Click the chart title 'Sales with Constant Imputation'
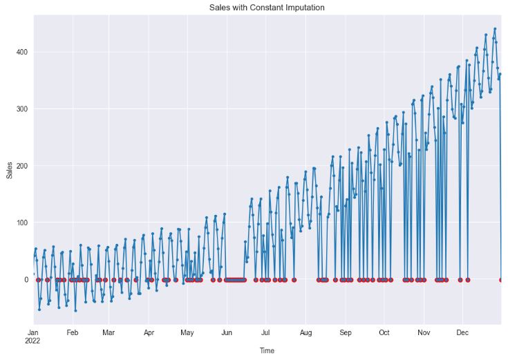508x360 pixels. point(267,8)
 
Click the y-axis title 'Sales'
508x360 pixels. point(9,170)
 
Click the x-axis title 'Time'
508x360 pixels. point(267,351)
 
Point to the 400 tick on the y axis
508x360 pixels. point(20,53)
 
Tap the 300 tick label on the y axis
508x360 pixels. point(20,109)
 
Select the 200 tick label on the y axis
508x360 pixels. point(20,166)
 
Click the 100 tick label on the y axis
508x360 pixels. point(20,222)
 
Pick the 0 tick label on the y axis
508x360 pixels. point(26,279)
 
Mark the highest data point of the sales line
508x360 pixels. point(495,29)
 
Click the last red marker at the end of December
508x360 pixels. point(501,280)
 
